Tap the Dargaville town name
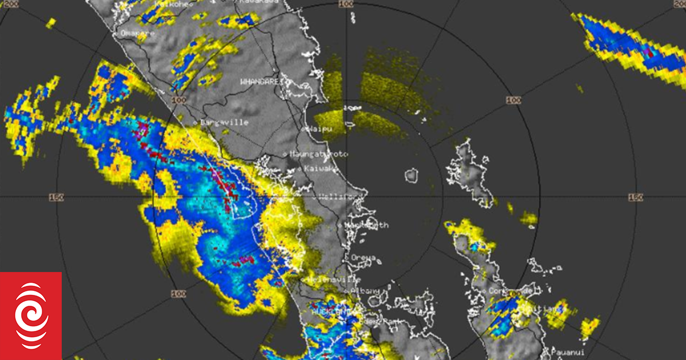pyautogui.click(x=224, y=122)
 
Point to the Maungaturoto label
pyautogui.click(x=318, y=154)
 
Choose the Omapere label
pyautogui.click(x=137, y=33)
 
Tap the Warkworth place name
pyautogui.click(x=366, y=225)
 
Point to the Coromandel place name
pyautogui.click(x=513, y=291)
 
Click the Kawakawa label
pyautogui.click(x=258, y=2)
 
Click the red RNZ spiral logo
pyautogui.click(x=31, y=315)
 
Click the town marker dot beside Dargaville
pyautogui.click(x=195, y=122)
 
